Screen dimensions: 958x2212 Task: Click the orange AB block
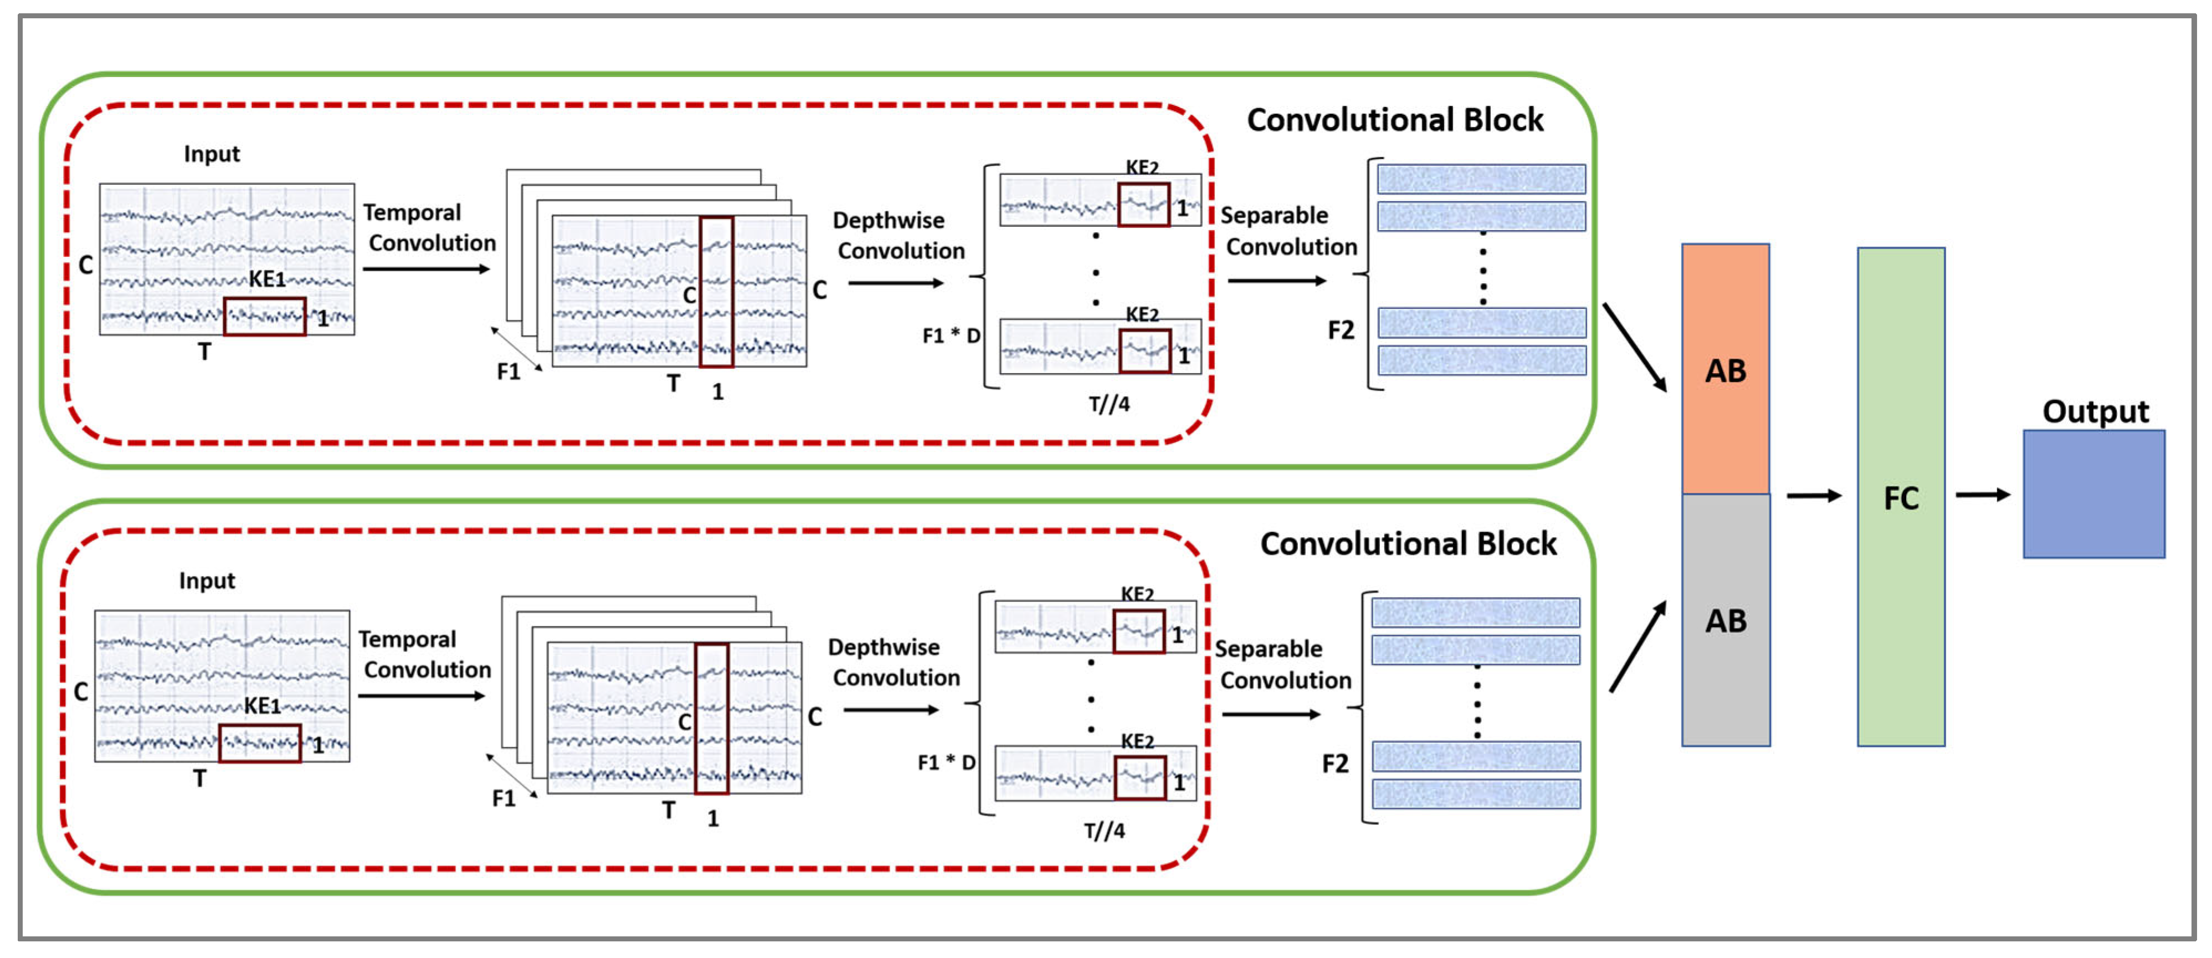point(1725,369)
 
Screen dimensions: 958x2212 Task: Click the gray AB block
point(1725,619)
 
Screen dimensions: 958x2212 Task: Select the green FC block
point(1900,497)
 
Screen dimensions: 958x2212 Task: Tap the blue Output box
point(2093,494)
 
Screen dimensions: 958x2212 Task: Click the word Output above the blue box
point(2095,411)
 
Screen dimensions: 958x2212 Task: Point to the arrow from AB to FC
point(1814,496)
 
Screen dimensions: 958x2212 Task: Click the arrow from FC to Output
point(1982,495)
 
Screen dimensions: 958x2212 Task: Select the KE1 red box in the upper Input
point(264,316)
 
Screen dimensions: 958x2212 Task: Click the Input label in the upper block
point(211,154)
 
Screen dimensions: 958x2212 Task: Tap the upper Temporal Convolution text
point(428,228)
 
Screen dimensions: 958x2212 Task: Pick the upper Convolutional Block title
point(1394,119)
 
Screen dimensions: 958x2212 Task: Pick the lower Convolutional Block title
point(1408,544)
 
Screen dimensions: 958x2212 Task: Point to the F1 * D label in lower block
point(946,762)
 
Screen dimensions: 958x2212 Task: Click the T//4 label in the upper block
point(1108,404)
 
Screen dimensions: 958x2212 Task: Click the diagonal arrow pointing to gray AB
point(1636,647)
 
